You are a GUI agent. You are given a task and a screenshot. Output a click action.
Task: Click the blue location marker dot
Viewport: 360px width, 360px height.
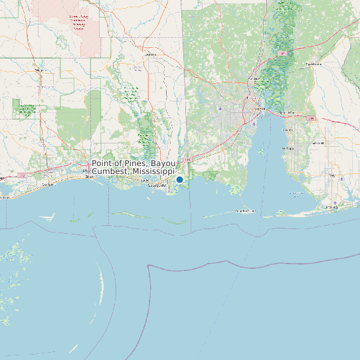[x=179, y=179]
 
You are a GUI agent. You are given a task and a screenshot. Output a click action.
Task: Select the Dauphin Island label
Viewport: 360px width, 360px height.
[x=246, y=211]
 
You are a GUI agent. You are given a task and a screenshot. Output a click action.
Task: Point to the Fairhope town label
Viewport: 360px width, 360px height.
[x=288, y=147]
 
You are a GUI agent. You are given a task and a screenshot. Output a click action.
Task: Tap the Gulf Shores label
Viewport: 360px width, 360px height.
[x=330, y=207]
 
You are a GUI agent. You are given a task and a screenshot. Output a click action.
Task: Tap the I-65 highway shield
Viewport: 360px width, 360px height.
[x=284, y=53]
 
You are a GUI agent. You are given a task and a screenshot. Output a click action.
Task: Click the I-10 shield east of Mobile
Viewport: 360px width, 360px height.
[x=312, y=118]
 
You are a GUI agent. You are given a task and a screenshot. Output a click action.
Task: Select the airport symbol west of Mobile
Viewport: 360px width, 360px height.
[x=221, y=108]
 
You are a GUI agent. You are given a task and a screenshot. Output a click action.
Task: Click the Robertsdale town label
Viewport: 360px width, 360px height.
[x=318, y=142]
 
